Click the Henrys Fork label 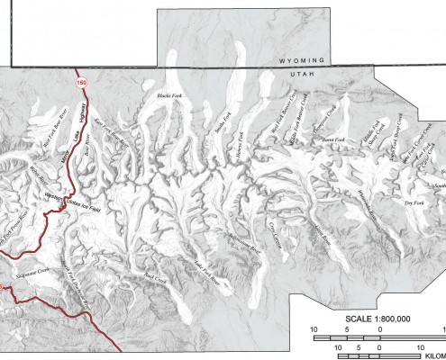pyautogui.click(x=240, y=140)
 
